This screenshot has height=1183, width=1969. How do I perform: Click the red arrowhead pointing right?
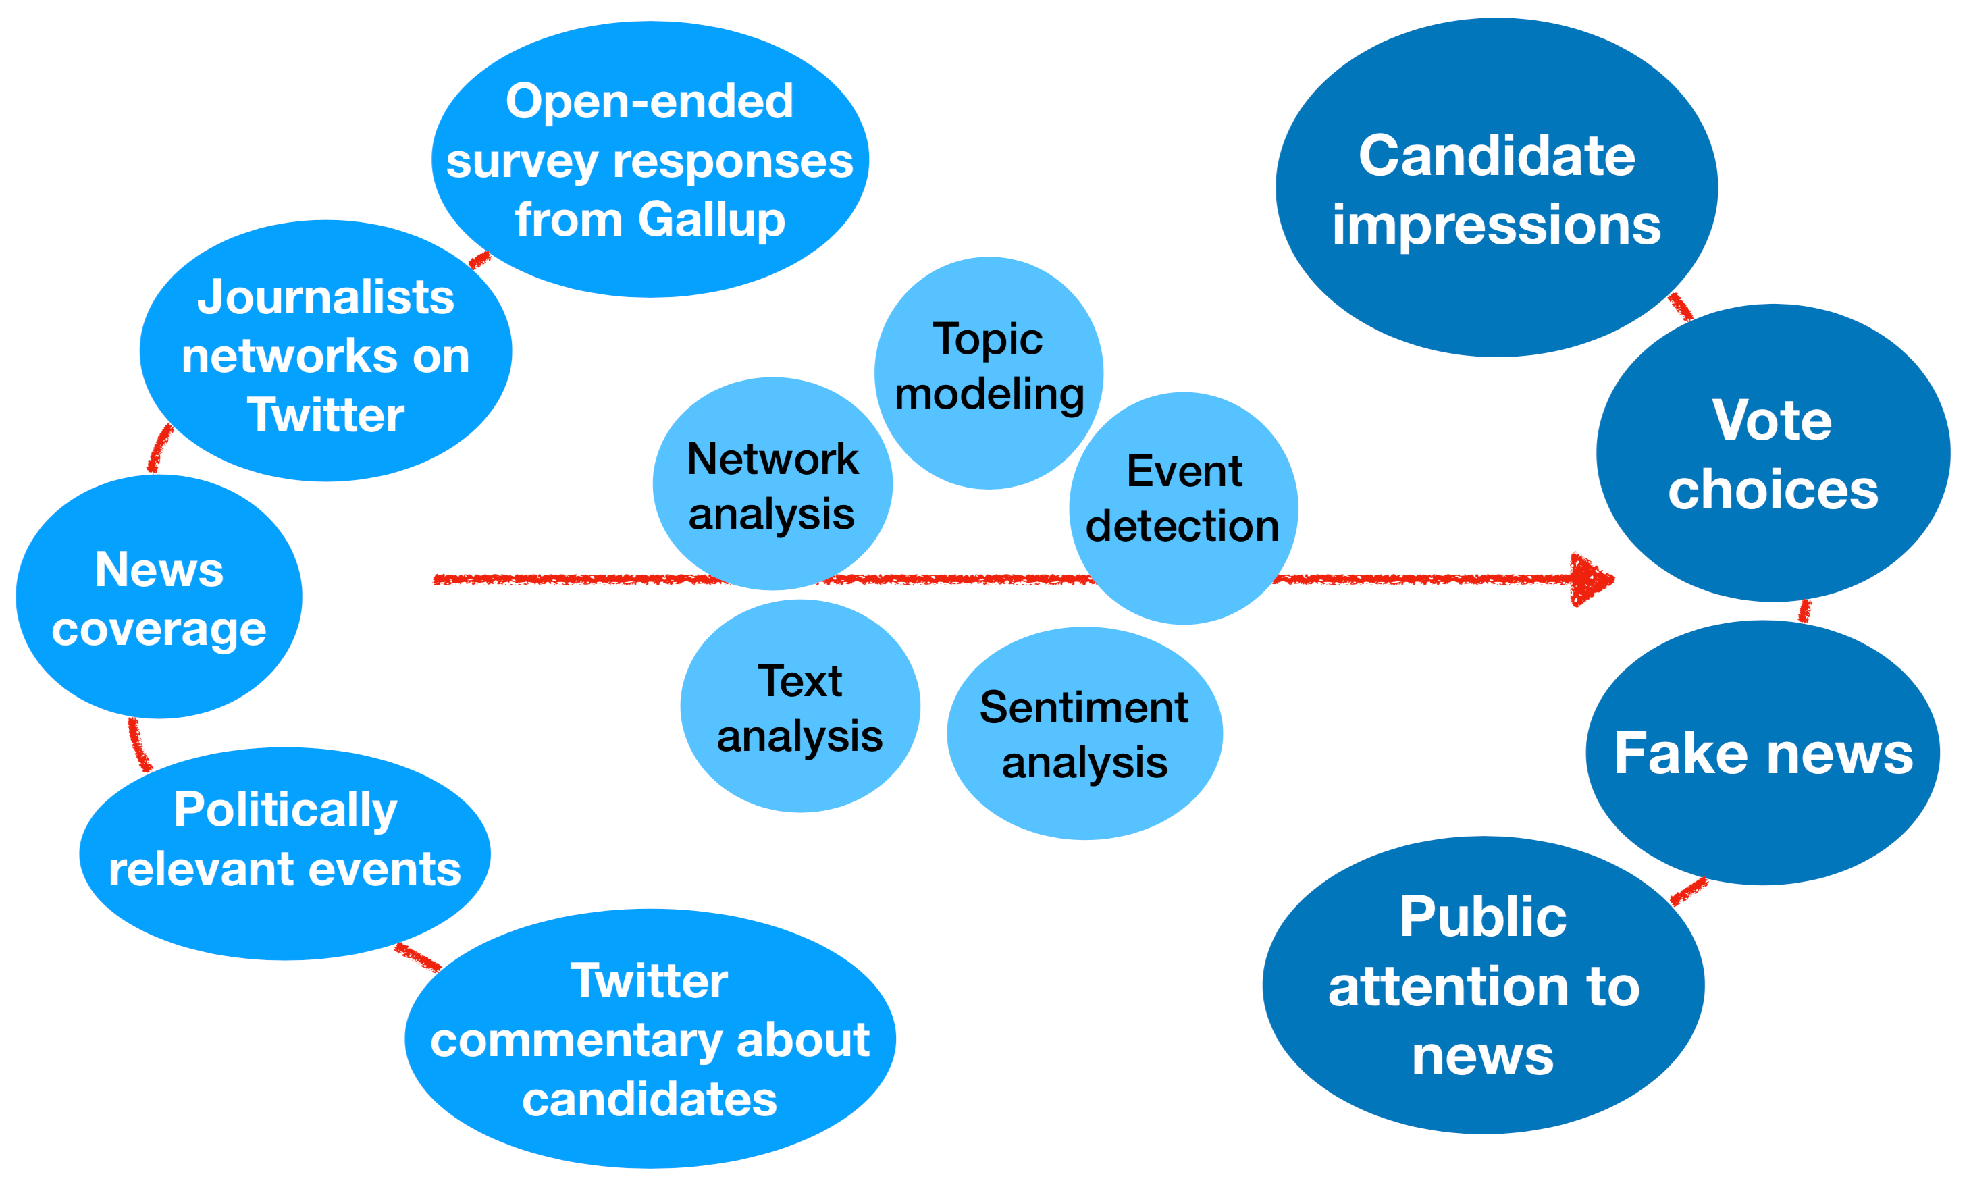point(1590,579)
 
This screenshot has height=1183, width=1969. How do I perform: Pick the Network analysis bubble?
point(772,485)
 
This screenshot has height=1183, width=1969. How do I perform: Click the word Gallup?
point(711,219)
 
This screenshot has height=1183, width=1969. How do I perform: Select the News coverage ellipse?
point(159,598)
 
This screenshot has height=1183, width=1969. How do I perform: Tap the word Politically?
point(286,810)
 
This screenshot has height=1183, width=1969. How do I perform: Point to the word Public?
point(1483,917)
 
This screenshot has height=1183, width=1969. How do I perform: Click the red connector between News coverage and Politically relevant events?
point(137,745)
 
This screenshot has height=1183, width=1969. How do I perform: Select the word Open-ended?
point(650,101)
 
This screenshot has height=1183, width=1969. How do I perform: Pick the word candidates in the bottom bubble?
point(650,1100)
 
